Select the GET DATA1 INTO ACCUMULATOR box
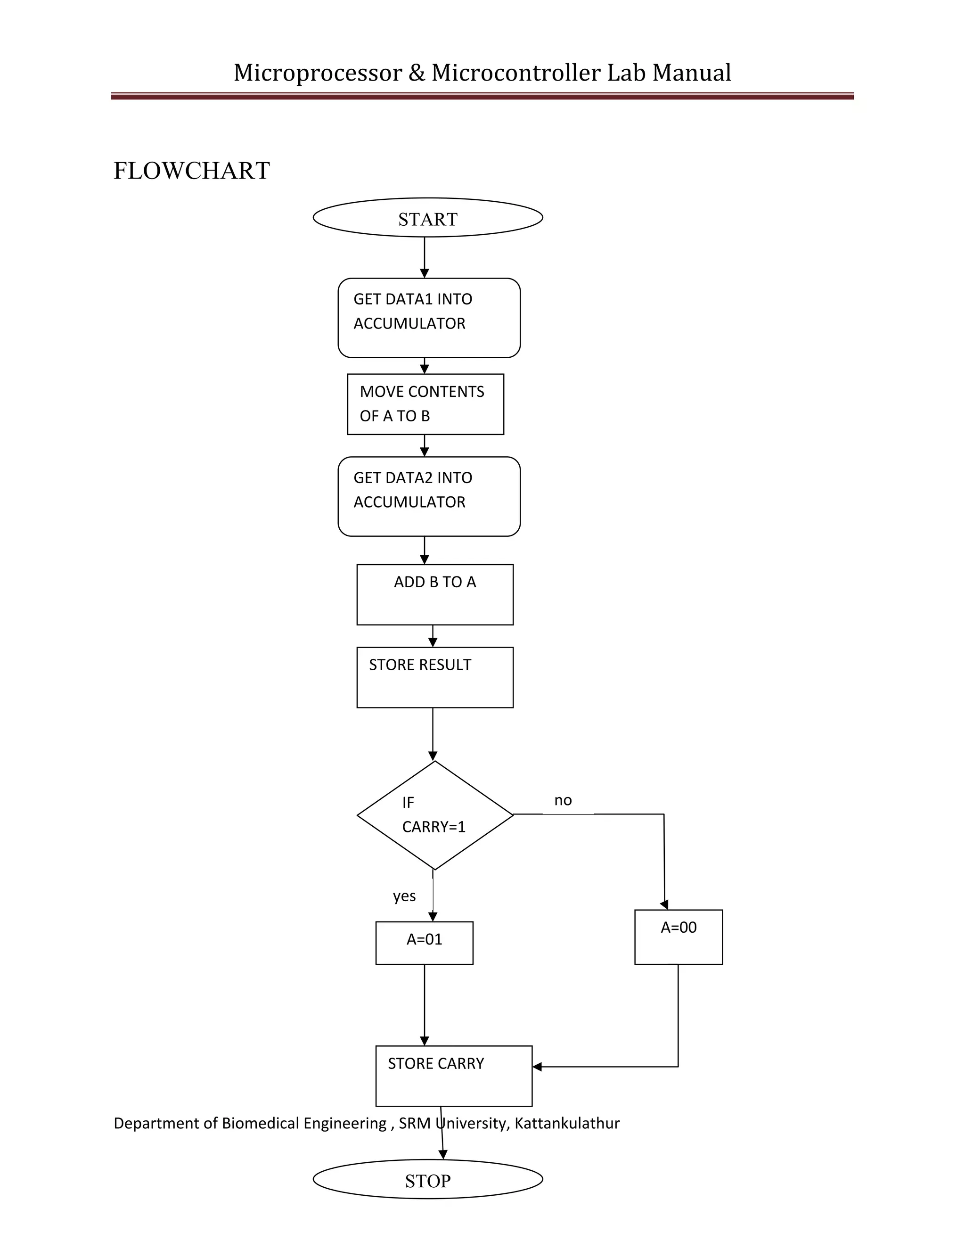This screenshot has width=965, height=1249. tap(429, 318)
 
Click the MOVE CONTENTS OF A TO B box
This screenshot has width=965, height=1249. tap(425, 404)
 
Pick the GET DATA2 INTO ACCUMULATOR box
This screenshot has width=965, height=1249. tap(429, 496)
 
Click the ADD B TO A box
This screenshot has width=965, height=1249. tap(434, 595)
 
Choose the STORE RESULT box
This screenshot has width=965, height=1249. tap(434, 678)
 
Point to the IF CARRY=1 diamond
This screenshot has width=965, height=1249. tap(434, 815)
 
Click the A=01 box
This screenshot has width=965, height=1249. tap(424, 943)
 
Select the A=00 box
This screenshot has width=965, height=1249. tap(678, 937)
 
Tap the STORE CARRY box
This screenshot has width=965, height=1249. tap(453, 1076)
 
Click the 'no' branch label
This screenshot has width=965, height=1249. tap(563, 800)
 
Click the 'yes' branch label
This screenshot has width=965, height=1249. tap(404, 896)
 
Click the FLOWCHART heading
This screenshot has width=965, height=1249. tap(191, 171)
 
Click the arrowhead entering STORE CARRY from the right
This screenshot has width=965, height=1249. tap(537, 1067)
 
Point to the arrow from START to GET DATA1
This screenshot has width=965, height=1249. tap(424, 257)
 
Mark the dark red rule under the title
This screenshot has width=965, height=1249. tap(482, 97)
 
